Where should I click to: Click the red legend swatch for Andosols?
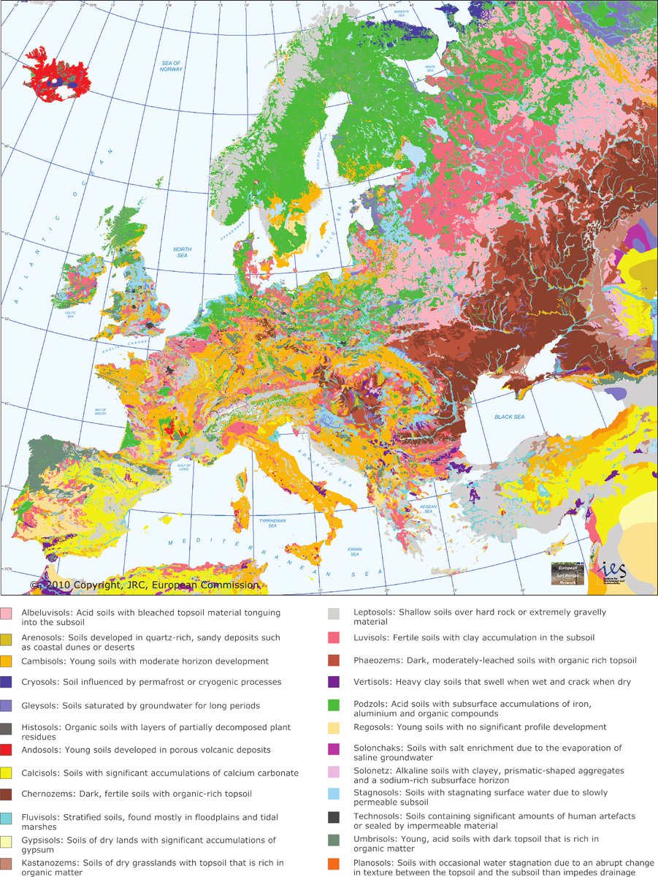click(6, 750)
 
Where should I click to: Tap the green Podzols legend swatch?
click(333, 705)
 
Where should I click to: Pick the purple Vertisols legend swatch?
click(333, 682)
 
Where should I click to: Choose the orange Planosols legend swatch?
click(333, 865)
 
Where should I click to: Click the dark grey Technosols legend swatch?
click(333, 816)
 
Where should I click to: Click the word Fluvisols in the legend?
click(42, 816)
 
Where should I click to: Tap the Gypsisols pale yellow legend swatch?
click(6, 840)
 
